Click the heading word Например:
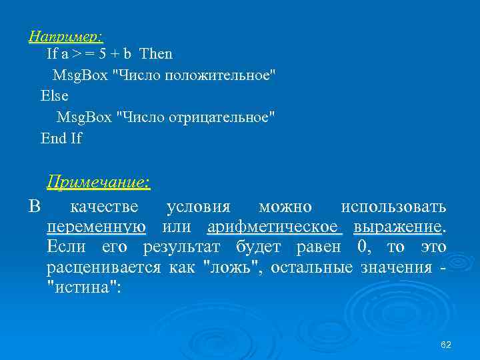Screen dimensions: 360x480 point(66,36)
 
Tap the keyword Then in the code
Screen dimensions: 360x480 point(155,53)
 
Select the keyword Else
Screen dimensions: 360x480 point(55,95)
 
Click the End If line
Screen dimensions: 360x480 point(61,138)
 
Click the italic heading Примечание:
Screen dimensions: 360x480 point(98,181)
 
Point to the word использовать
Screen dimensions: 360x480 point(393,206)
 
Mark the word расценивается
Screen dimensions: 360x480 point(103,269)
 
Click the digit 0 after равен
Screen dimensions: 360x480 point(363,248)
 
